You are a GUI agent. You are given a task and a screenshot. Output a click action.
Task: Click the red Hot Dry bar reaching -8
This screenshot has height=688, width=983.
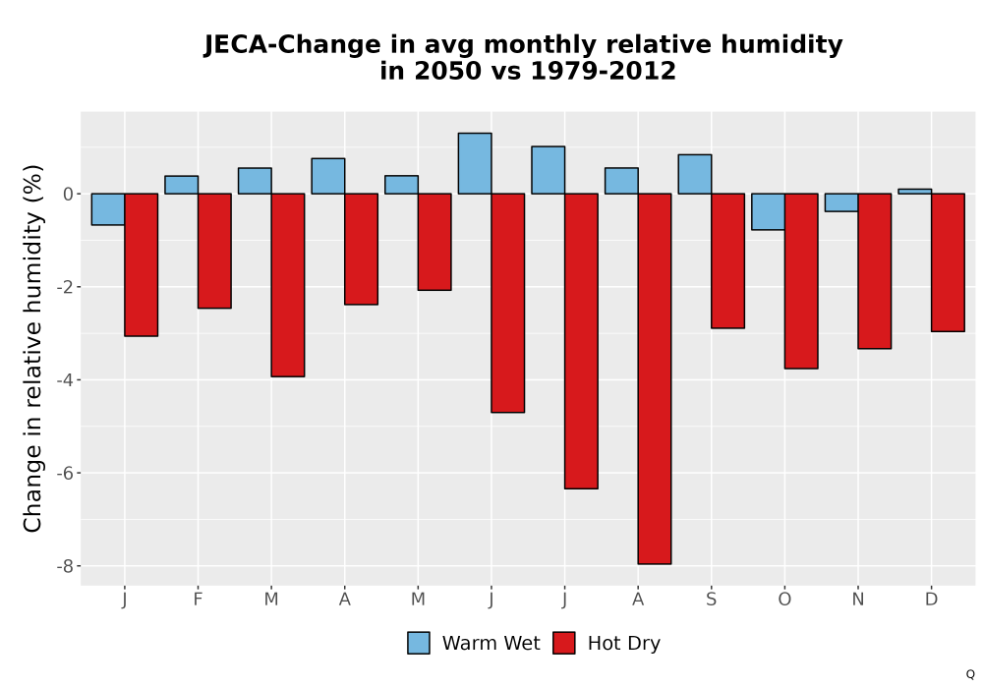[x=655, y=378]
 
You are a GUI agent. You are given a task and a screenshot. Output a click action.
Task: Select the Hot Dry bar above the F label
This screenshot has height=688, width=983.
[x=214, y=251]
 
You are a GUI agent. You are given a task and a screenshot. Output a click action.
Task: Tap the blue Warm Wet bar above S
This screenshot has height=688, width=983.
[x=695, y=174]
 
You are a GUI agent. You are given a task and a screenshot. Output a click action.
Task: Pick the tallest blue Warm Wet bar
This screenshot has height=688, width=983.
[x=475, y=163]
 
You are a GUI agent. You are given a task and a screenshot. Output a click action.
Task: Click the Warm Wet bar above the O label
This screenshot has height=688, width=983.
[x=768, y=211]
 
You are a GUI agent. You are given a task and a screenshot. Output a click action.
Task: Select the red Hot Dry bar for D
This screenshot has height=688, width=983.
[x=948, y=261]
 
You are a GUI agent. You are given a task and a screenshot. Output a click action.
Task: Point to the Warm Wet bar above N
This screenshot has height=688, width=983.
[x=841, y=202]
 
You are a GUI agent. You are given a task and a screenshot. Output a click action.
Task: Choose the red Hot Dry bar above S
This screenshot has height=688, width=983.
[x=727, y=260]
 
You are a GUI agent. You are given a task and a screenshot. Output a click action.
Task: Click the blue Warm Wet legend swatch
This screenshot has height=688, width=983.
[x=419, y=643]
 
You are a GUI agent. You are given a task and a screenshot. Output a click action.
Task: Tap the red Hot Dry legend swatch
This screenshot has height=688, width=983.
[x=564, y=643]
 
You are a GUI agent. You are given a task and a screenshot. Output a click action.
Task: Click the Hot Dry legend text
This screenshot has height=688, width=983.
[x=624, y=644]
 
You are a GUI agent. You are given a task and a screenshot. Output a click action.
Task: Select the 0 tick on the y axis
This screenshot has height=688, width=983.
[x=69, y=195]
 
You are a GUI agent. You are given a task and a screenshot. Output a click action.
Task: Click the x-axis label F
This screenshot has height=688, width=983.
[x=198, y=600]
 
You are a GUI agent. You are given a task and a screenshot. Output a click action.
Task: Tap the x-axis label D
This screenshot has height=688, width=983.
[x=931, y=600]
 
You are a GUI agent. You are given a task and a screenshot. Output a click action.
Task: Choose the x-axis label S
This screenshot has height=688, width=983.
[x=711, y=600]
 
